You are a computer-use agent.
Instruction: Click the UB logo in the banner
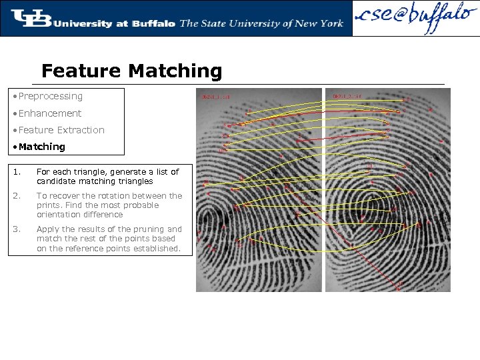point(31,19)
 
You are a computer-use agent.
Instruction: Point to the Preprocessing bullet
point(51,96)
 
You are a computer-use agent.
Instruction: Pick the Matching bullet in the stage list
point(42,147)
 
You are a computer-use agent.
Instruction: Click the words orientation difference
point(80,215)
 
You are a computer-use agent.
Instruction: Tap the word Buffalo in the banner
point(153,23)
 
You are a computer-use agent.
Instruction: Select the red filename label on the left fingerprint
point(217,97)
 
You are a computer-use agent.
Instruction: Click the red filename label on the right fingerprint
point(347,96)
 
